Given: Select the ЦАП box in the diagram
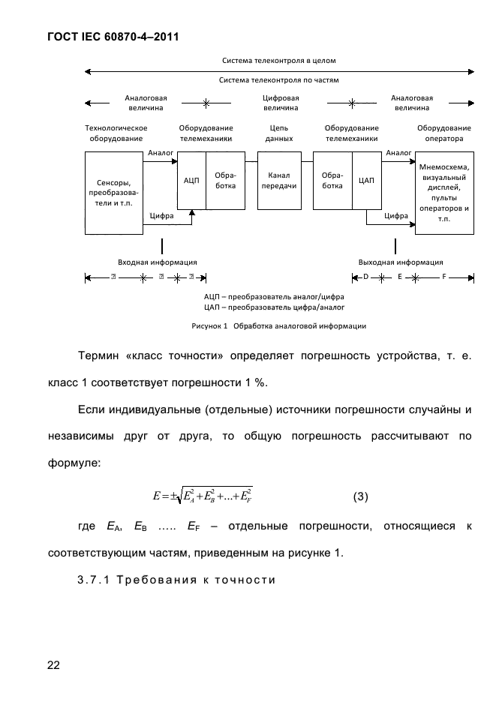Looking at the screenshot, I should (x=367, y=181).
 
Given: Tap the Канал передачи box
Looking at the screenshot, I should (x=279, y=180).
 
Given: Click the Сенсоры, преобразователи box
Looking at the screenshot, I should (x=114, y=193).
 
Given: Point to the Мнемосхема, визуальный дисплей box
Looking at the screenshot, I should (x=445, y=192).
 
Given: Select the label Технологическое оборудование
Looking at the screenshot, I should (x=116, y=133).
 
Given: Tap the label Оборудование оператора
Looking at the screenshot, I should (x=444, y=133).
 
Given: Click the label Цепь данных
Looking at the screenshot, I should (x=279, y=133).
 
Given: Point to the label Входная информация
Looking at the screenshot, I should (x=158, y=262).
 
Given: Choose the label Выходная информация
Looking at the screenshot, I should (x=401, y=262).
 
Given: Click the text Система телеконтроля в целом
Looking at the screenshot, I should (x=279, y=59).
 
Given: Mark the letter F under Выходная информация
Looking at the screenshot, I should (x=443, y=277).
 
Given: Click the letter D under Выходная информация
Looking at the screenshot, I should (x=366, y=277).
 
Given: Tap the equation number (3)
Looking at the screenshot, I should (x=360, y=496).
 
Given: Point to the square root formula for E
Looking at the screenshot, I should (x=202, y=495).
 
